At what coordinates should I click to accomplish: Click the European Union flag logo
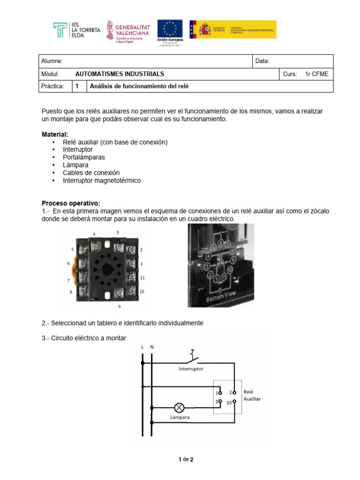[x=170, y=29]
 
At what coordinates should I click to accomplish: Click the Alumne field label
[x=52, y=61]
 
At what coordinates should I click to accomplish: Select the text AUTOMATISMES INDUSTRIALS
[x=120, y=74]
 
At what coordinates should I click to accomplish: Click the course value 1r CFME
[x=316, y=74]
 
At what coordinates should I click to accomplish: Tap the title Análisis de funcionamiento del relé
[x=139, y=87]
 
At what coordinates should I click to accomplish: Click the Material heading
[x=54, y=135]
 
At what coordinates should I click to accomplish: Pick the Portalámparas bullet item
[x=84, y=157]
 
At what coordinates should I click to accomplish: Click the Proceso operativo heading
[x=71, y=203]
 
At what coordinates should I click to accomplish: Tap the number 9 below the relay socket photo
[x=119, y=307]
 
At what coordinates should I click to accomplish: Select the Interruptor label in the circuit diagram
[x=191, y=369]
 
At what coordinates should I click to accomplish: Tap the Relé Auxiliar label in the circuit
[x=252, y=395]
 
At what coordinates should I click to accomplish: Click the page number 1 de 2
[x=186, y=459]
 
